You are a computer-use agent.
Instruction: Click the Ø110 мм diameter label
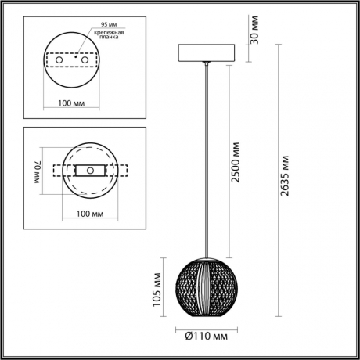[207, 337]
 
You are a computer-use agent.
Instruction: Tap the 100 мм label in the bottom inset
[91, 213]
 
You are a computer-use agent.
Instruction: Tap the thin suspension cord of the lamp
[207, 157]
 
